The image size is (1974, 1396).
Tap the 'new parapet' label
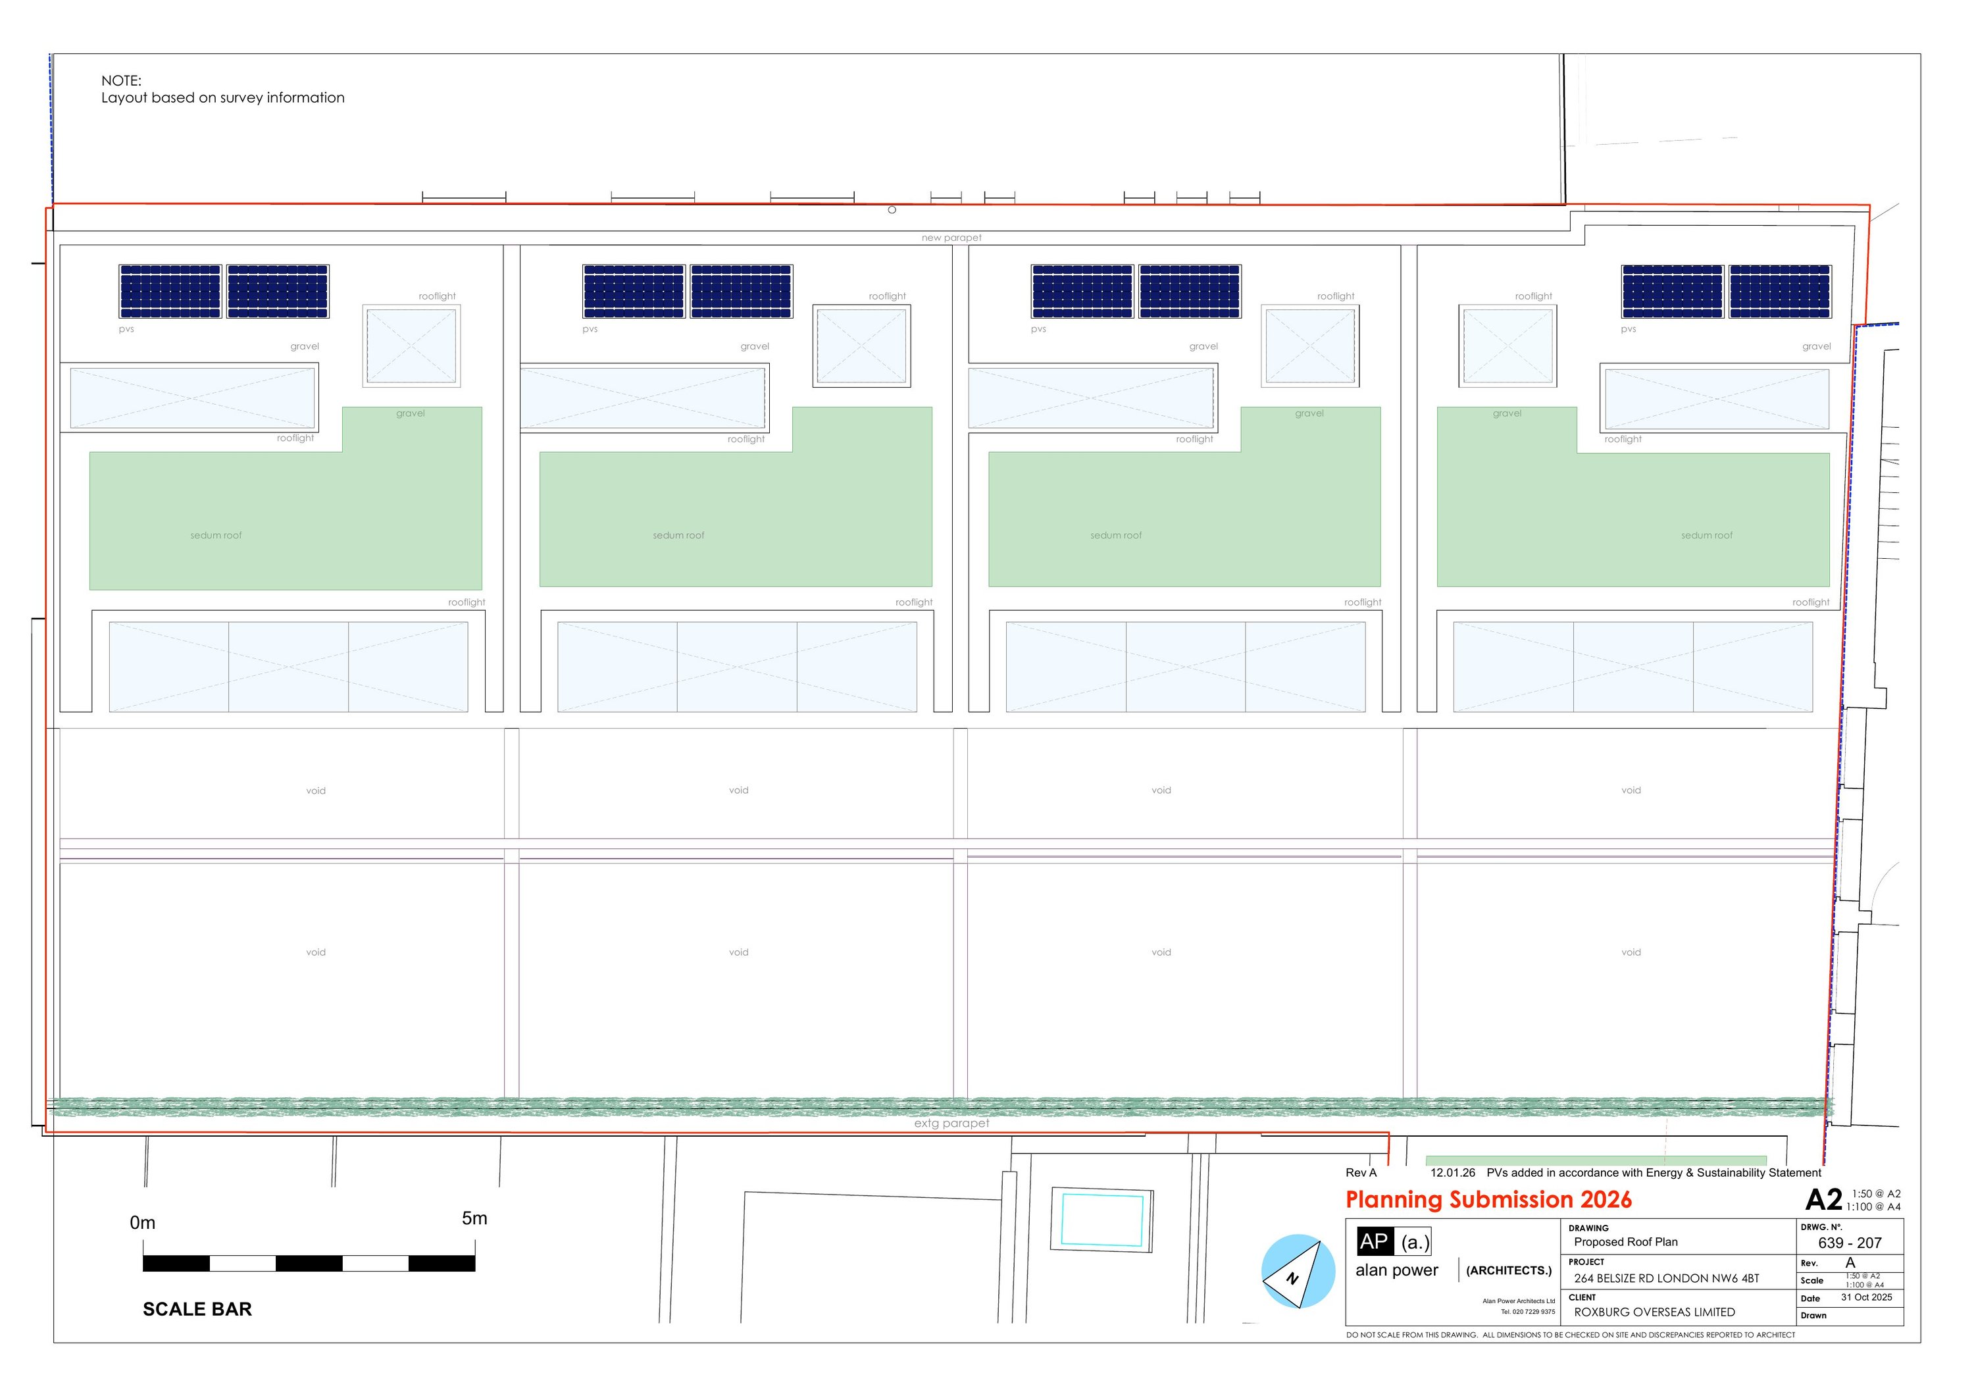pyautogui.click(x=951, y=238)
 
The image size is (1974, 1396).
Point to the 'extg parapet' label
pyautogui.click(x=951, y=1124)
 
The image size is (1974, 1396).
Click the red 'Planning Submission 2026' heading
pyautogui.click(x=1488, y=1200)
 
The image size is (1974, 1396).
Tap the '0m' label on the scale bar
pyautogui.click(x=143, y=1222)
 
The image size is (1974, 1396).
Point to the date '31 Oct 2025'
pyautogui.click(x=1867, y=1297)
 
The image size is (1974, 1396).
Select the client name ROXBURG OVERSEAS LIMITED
pyautogui.click(x=1654, y=1312)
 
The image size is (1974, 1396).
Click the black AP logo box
pyautogui.click(x=1374, y=1241)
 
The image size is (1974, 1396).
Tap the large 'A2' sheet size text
pyautogui.click(x=1823, y=1200)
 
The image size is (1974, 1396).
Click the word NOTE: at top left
pyautogui.click(x=121, y=81)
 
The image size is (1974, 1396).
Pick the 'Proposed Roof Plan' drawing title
pyautogui.click(x=1626, y=1242)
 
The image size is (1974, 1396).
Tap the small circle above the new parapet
pyautogui.click(x=892, y=210)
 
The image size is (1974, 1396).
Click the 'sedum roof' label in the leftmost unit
pyautogui.click(x=216, y=535)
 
